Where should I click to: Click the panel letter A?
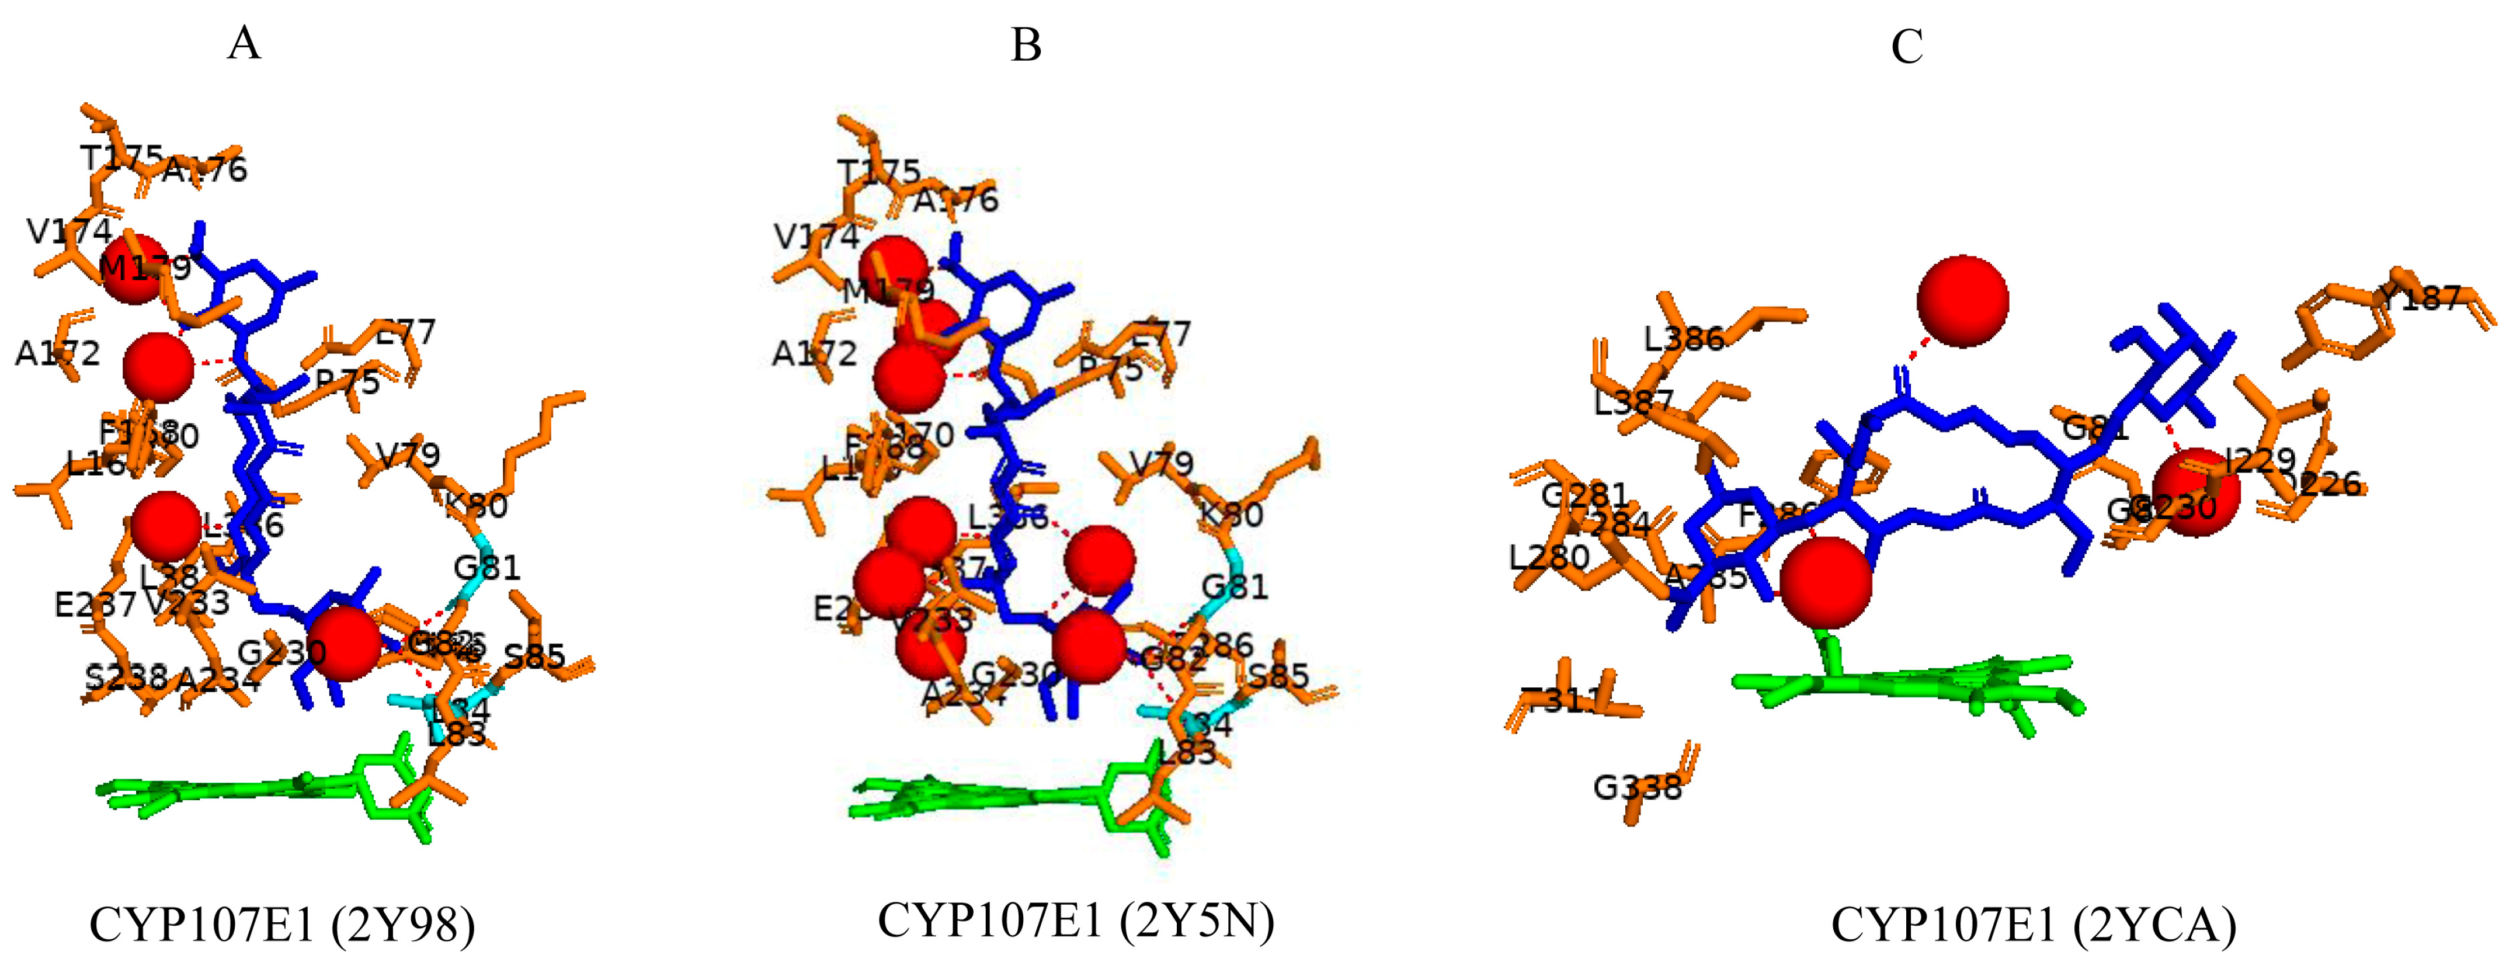pos(244,44)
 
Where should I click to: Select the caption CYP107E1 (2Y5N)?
pos(1076,921)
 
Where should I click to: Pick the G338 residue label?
pos(1637,786)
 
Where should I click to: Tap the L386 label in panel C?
pos(1684,339)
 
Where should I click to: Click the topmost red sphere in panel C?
pos(1962,301)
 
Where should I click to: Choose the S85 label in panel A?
pos(534,657)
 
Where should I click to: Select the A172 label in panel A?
pos(57,352)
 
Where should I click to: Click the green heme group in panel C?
pos(1907,686)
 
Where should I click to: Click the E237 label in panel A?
pos(95,604)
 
